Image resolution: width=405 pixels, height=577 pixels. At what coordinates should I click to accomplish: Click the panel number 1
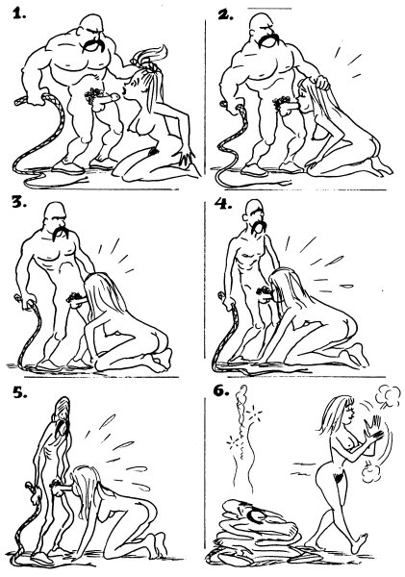(x=19, y=13)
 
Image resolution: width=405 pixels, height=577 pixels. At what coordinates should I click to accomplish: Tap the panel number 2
(x=225, y=13)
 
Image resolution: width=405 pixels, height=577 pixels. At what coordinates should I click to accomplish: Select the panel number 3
(x=19, y=202)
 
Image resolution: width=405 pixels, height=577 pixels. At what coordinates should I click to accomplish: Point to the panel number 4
(x=223, y=203)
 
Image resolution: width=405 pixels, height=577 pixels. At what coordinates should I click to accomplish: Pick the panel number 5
(x=20, y=393)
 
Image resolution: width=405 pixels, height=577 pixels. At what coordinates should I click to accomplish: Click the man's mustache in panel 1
(x=93, y=45)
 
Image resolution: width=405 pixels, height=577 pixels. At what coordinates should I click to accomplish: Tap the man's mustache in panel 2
(x=268, y=39)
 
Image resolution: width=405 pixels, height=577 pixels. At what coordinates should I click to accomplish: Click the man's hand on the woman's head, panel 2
(x=320, y=82)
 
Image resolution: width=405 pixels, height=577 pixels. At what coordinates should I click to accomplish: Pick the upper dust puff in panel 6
(x=388, y=396)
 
